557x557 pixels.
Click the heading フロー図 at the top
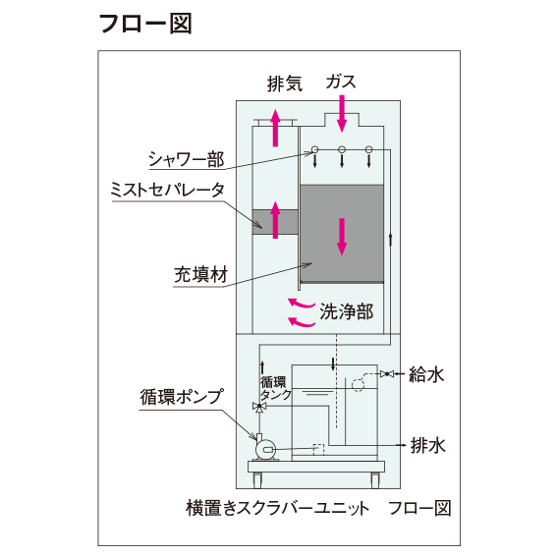(145, 24)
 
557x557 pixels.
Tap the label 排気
(285, 84)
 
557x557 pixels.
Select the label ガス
(341, 82)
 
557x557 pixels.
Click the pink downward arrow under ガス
(342, 113)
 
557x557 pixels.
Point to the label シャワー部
(186, 159)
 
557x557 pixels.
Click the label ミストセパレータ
(168, 190)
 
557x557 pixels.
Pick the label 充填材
(200, 275)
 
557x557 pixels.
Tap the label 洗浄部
(347, 311)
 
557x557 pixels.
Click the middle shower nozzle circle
(342, 149)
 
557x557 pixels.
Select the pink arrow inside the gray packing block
(342, 237)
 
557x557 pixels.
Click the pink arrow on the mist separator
(275, 219)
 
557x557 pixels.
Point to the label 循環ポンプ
(182, 397)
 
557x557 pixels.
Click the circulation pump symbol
(265, 448)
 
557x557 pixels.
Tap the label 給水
(426, 374)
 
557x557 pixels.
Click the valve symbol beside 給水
(387, 373)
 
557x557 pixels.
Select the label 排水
(427, 445)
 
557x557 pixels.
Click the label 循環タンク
(276, 389)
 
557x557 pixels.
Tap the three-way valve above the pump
(259, 407)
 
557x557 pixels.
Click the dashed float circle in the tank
(358, 385)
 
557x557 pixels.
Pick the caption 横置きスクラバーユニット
(277, 508)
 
